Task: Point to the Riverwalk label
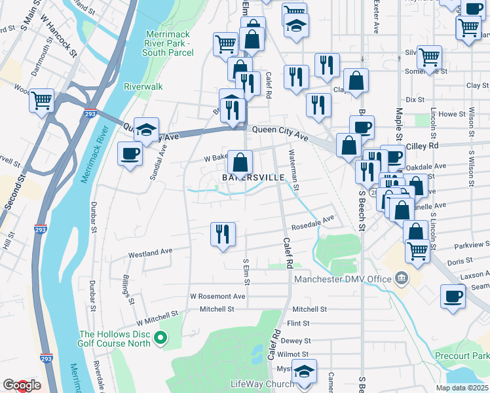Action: tap(142, 86)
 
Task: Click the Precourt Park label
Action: tap(462, 356)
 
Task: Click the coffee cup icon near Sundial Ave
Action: tap(129, 154)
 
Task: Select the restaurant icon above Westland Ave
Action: tap(223, 234)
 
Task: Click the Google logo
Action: tap(21, 386)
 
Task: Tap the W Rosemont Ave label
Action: tap(217, 296)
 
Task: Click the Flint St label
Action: tap(298, 323)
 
